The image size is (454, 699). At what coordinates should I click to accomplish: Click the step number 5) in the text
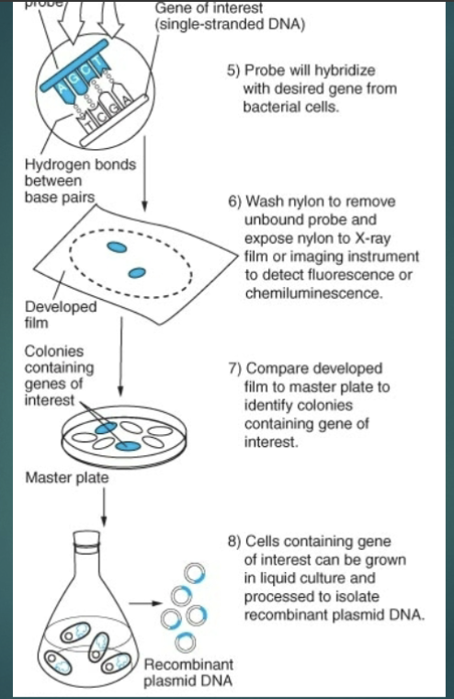coord(233,71)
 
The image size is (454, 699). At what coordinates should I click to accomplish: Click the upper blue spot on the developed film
coord(117,246)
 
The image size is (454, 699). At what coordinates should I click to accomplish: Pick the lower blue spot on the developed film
coord(138,272)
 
